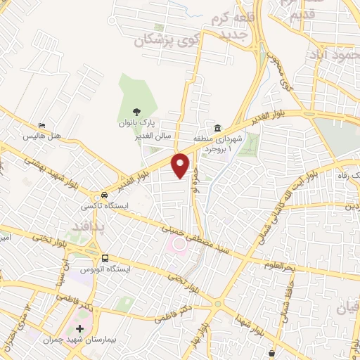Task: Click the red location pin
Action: point(181,165)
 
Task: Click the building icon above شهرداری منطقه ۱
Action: point(218,129)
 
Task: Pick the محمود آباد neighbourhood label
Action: point(335,53)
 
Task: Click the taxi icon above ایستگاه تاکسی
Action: point(104,195)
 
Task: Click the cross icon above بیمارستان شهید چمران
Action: point(79,328)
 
